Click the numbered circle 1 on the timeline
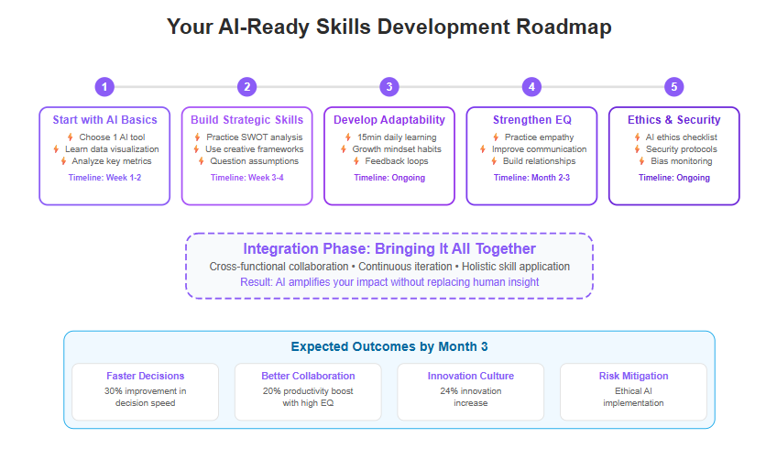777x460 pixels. pos(104,87)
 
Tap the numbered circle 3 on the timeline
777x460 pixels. pos(389,87)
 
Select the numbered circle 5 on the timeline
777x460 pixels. pos(674,87)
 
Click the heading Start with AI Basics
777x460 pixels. pos(105,120)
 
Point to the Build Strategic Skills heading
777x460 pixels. pos(246,120)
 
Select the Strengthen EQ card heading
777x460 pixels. pos(532,120)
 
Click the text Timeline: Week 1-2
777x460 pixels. pos(104,178)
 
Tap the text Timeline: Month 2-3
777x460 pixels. pos(531,178)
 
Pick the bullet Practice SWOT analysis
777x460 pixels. pos(254,137)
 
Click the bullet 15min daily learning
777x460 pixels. pos(397,137)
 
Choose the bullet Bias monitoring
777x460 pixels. pos(682,161)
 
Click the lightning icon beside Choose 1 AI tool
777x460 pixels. pos(71,137)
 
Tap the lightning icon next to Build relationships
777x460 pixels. pos(494,161)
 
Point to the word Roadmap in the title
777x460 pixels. pos(564,27)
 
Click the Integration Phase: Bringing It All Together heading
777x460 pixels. pos(389,249)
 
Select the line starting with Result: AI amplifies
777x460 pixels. pos(389,282)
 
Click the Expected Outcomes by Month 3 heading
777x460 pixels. pos(389,346)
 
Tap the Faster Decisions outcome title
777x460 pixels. pos(145,376)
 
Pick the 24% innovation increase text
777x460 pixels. pos(471,397)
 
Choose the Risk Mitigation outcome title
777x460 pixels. pos(633,376)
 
